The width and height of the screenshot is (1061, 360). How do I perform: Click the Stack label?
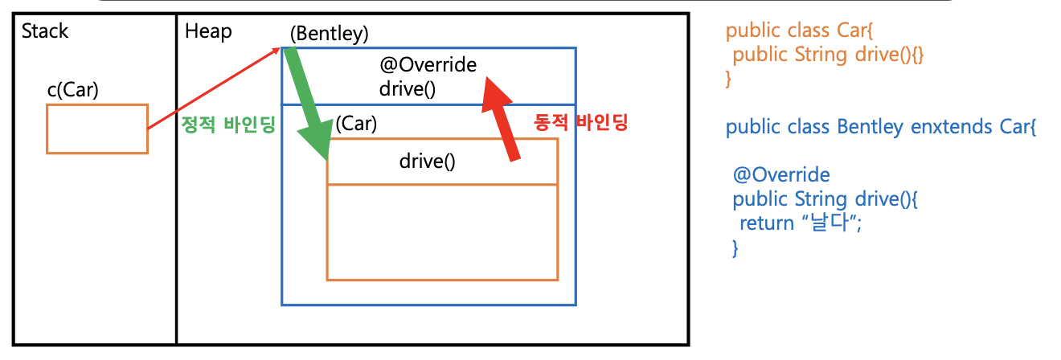(x=45, y=31)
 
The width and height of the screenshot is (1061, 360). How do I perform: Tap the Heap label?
(x=208, y=31)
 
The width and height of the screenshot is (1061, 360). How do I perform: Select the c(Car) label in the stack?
(x=72, y=90)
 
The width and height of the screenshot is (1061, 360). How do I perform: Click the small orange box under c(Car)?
(x=97, y=129)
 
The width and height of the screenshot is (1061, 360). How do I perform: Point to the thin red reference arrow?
(x=213, y=88)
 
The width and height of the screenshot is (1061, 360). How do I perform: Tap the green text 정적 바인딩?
(x=229, y=125)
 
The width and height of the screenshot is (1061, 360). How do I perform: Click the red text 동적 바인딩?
(x=580, y=123)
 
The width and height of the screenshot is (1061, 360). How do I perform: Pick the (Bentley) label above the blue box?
(x=330, y=34)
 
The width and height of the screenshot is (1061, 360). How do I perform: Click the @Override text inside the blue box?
(x=428, y=64)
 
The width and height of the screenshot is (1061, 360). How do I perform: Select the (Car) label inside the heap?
(x=356, y=124)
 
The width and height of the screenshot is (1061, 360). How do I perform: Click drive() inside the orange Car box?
(x=427, y=161)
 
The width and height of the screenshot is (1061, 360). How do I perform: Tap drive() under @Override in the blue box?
(x=408, y=88)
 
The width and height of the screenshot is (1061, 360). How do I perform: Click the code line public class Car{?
(x=792, y=31)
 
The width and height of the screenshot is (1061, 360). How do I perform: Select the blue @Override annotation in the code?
(x=781, y=174)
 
